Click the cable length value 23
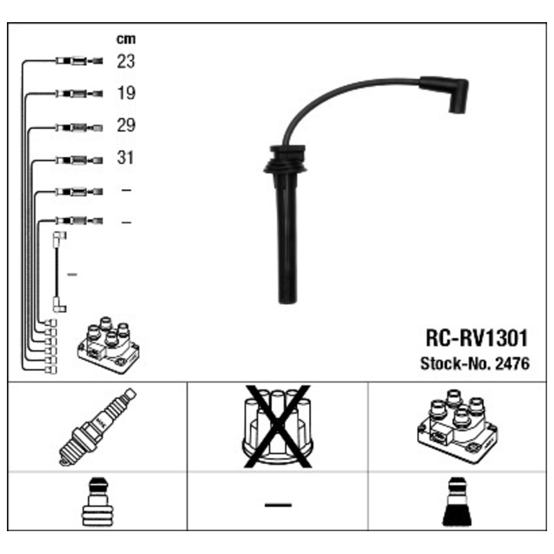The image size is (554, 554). (x=126, y=61)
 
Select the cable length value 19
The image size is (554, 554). (x=126, y=93)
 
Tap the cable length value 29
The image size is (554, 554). (x=126, y=125)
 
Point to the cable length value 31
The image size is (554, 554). (x=125, y=158)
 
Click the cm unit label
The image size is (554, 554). (x=126, y=39)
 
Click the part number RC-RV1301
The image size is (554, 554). (x=476, y=338)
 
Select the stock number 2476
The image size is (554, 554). (x=512, y=364)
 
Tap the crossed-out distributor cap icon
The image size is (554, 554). (x=278, y=427)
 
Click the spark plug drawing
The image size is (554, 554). (x=98, y=427)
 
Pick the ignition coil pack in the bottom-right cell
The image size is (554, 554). (x=457, y=427)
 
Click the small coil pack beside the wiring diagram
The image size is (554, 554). (x=108, y=346)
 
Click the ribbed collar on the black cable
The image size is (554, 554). (x=285, y=160)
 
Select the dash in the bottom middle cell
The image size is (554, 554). (x=278, y=506)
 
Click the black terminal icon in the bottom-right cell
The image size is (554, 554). (x=457, y=501)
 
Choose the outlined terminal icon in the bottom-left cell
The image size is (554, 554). (x=98, y=501)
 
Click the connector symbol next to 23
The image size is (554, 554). (x=79, y=61)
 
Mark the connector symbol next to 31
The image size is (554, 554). (x=79, y=161)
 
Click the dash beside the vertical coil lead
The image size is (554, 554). (x=72, y=274)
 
